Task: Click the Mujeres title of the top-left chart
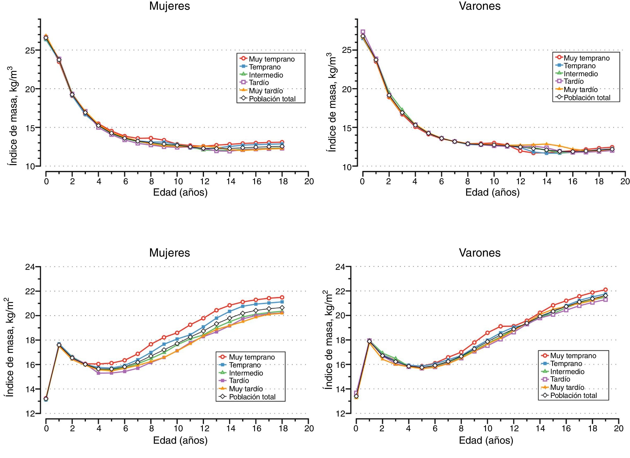click(x=170, y=6)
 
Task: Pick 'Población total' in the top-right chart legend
click(x=587, y=98)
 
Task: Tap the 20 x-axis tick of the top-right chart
click(x=625, y=182)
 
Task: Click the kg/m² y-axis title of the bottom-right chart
click(x=328, y=343)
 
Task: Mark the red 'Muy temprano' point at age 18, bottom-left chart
click(x=282, y=297)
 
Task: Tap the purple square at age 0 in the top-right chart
click(x=363, y=32)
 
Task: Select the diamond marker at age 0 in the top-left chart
click(x=46, y=38)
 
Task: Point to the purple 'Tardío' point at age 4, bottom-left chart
click(x=98, y=373)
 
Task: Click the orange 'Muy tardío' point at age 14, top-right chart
click(x=546, y=144)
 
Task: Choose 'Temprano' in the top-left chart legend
click(x=265, y=67)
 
